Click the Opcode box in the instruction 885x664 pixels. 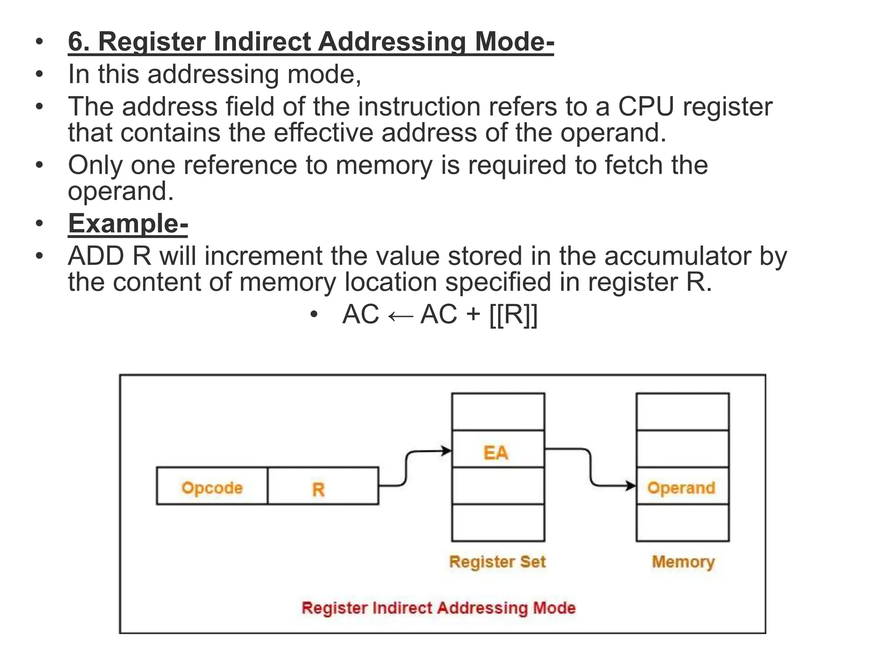pos(212,486)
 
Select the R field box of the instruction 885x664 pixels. pos(323,486)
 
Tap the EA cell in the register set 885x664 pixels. pos(498,449)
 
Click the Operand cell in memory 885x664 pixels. pos(682,486)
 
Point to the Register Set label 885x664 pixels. pos(497,562)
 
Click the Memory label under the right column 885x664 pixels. pos(683,562)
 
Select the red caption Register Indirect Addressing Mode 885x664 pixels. pos(439,608)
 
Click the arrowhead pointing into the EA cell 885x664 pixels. pos(447,451)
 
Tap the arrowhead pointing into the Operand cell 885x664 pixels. pos(631,486)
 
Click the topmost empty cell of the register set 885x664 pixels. pos(498,412)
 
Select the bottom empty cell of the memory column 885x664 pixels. pos(682,523)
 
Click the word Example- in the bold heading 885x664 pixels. pos(128,223)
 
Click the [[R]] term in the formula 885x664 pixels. pos(513,314)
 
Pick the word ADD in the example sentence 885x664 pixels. pos(96,256)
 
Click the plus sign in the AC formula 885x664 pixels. pos(473,314)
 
